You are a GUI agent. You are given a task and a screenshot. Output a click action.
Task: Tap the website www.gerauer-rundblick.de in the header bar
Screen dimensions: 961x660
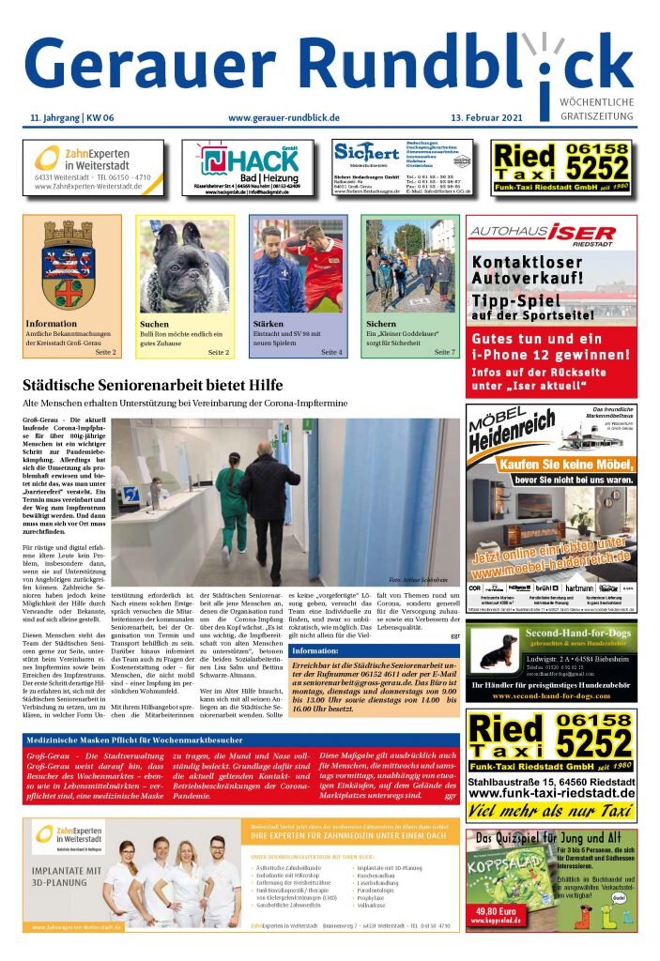pos(284,117)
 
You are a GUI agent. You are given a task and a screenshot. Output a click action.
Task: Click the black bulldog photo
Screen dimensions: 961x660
pos(185,267)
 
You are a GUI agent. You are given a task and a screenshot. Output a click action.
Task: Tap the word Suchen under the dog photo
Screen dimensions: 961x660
pos(155,325)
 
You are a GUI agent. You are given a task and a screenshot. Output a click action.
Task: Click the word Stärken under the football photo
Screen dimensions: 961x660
pos(269,325)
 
